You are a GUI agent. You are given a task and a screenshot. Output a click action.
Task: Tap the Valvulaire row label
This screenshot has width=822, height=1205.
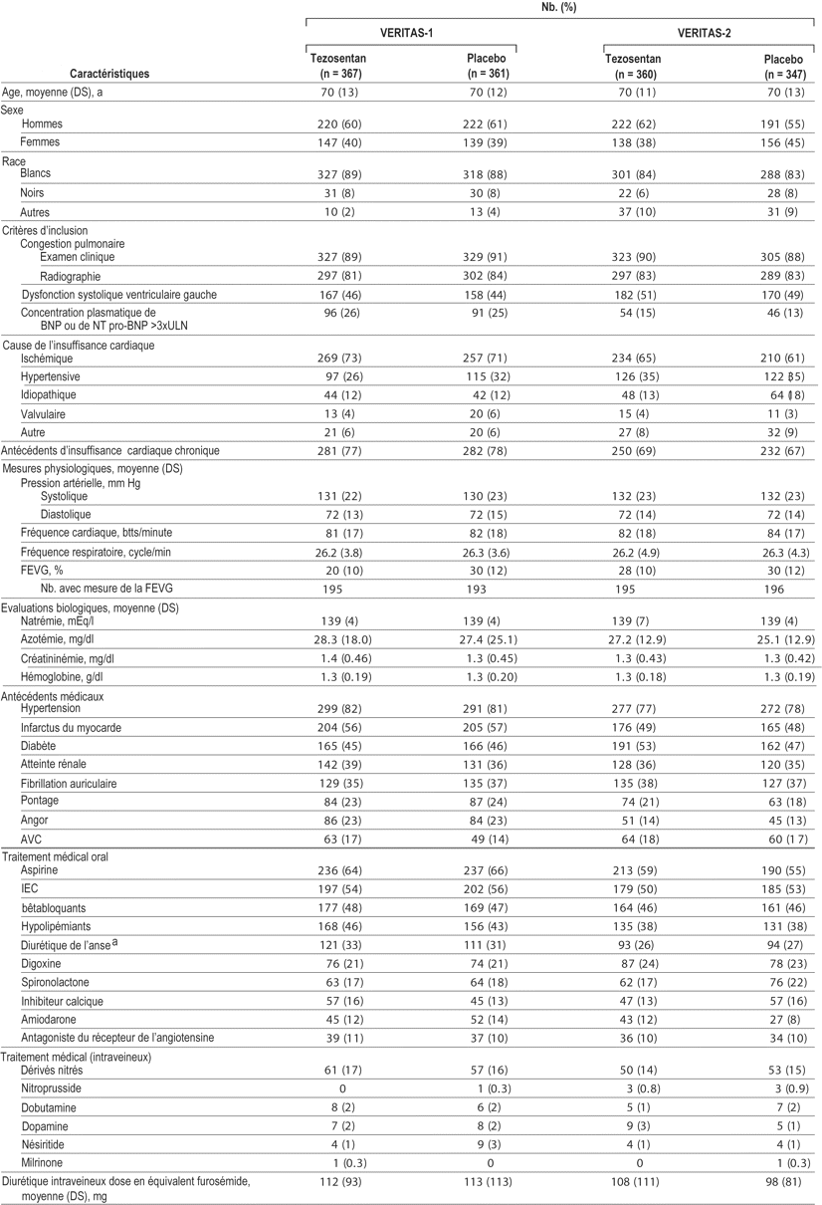[46, 412]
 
